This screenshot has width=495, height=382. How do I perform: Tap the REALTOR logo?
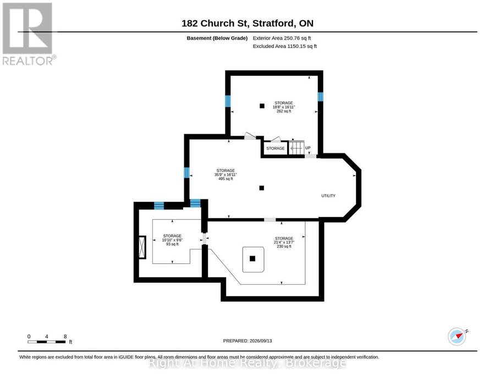[x=29, y=34]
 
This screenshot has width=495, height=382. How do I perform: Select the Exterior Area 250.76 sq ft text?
[x=282, y=38]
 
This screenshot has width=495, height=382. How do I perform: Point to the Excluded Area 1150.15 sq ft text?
[x=285, y=46]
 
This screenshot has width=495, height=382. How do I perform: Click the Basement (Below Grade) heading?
[x=217, y=38]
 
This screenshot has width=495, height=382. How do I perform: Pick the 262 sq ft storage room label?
[x=284, y=107]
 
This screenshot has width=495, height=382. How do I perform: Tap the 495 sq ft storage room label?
[x=226, y=174]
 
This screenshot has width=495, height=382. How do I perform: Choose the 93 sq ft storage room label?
[x=172, y=240]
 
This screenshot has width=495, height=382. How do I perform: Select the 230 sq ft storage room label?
[x=284, y=242]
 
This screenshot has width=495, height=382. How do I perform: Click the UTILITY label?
[x=328, y=196]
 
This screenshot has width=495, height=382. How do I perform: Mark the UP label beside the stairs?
[x=308, y=148]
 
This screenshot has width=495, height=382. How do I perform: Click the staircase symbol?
[x=296, y=147]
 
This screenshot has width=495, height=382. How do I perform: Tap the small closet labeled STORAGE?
[x=276, y=148]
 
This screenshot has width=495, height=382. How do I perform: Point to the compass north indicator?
[x=458, y=336]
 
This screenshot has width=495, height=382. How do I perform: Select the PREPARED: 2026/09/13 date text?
[x=248, y=341]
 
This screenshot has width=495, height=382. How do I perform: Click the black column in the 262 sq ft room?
[x=262, y=106]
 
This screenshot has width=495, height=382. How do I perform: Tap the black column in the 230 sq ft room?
[x=252, y=259]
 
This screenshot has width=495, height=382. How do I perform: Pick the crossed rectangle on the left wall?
[x=142, y=247]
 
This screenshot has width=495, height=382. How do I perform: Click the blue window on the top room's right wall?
[x=321, y=97]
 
